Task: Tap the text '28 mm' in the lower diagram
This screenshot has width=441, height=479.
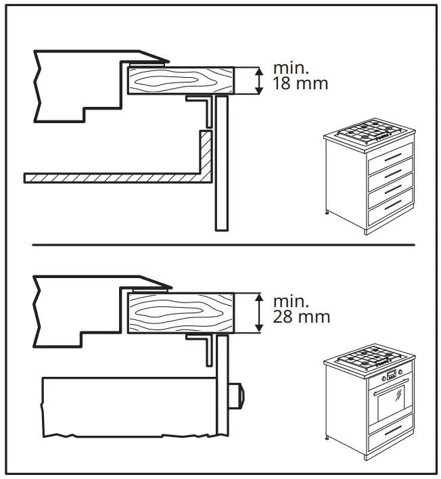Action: click(301, 316)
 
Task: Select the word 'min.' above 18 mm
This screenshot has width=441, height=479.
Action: click(289, 68)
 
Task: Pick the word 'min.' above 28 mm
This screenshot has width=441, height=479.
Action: click(289, 300)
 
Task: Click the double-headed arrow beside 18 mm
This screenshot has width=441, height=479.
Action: click(258, 81)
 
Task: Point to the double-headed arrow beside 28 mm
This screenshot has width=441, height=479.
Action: click(258, 313)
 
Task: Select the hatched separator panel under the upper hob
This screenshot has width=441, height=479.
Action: click(115, 177)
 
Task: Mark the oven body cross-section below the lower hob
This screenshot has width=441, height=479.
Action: click(129, 406)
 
